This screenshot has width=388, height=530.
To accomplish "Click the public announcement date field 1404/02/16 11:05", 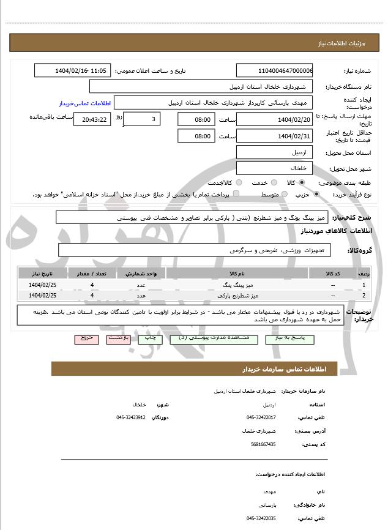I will coord(73,70).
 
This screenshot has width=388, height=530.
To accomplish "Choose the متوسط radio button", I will coord(284,194).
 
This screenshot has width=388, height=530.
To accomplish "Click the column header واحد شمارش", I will coord(141,274).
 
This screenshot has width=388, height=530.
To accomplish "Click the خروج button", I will coord(86,338).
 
